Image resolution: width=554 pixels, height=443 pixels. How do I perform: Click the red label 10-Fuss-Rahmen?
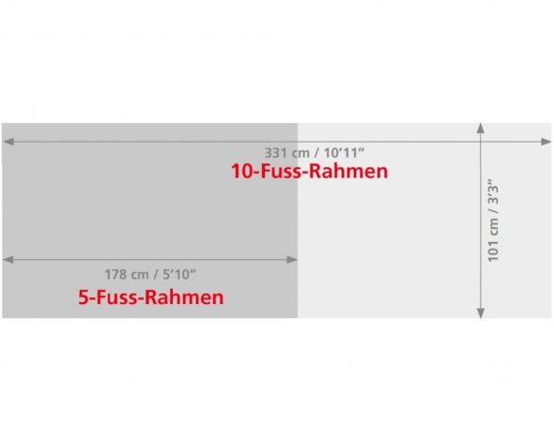[x=309, y=171]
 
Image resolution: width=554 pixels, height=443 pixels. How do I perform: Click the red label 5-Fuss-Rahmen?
[x=151, y=298]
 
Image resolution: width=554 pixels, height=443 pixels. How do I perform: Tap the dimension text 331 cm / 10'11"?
[x=315, y=153]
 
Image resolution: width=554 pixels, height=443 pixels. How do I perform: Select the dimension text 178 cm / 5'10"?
[x=150, y=274]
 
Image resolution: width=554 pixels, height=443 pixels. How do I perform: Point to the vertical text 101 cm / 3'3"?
[x=493, y=221]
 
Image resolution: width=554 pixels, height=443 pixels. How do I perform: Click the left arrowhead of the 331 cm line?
[x=8, y=142]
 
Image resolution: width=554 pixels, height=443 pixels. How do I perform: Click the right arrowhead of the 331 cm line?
[x=546, y=142]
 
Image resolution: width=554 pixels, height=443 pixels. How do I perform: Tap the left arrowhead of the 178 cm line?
[x=8, y=260]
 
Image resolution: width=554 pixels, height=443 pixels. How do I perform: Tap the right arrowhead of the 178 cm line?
[x=292, y=260]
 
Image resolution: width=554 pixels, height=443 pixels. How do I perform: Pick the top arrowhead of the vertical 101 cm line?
[x=481, y=128]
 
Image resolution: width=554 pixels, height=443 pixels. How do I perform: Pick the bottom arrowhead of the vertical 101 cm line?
[x=481, y=313]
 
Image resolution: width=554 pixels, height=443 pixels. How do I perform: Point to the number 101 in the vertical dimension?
[x=493, y=252]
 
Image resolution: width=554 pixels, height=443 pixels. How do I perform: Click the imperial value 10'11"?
[x=344, y=153]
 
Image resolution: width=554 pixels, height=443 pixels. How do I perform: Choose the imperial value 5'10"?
[x=179, y=274]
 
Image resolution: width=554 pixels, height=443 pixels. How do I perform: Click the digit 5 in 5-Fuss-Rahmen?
[x=83, y=298]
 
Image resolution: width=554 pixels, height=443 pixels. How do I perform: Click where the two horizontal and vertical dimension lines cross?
[x=481, y=142]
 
